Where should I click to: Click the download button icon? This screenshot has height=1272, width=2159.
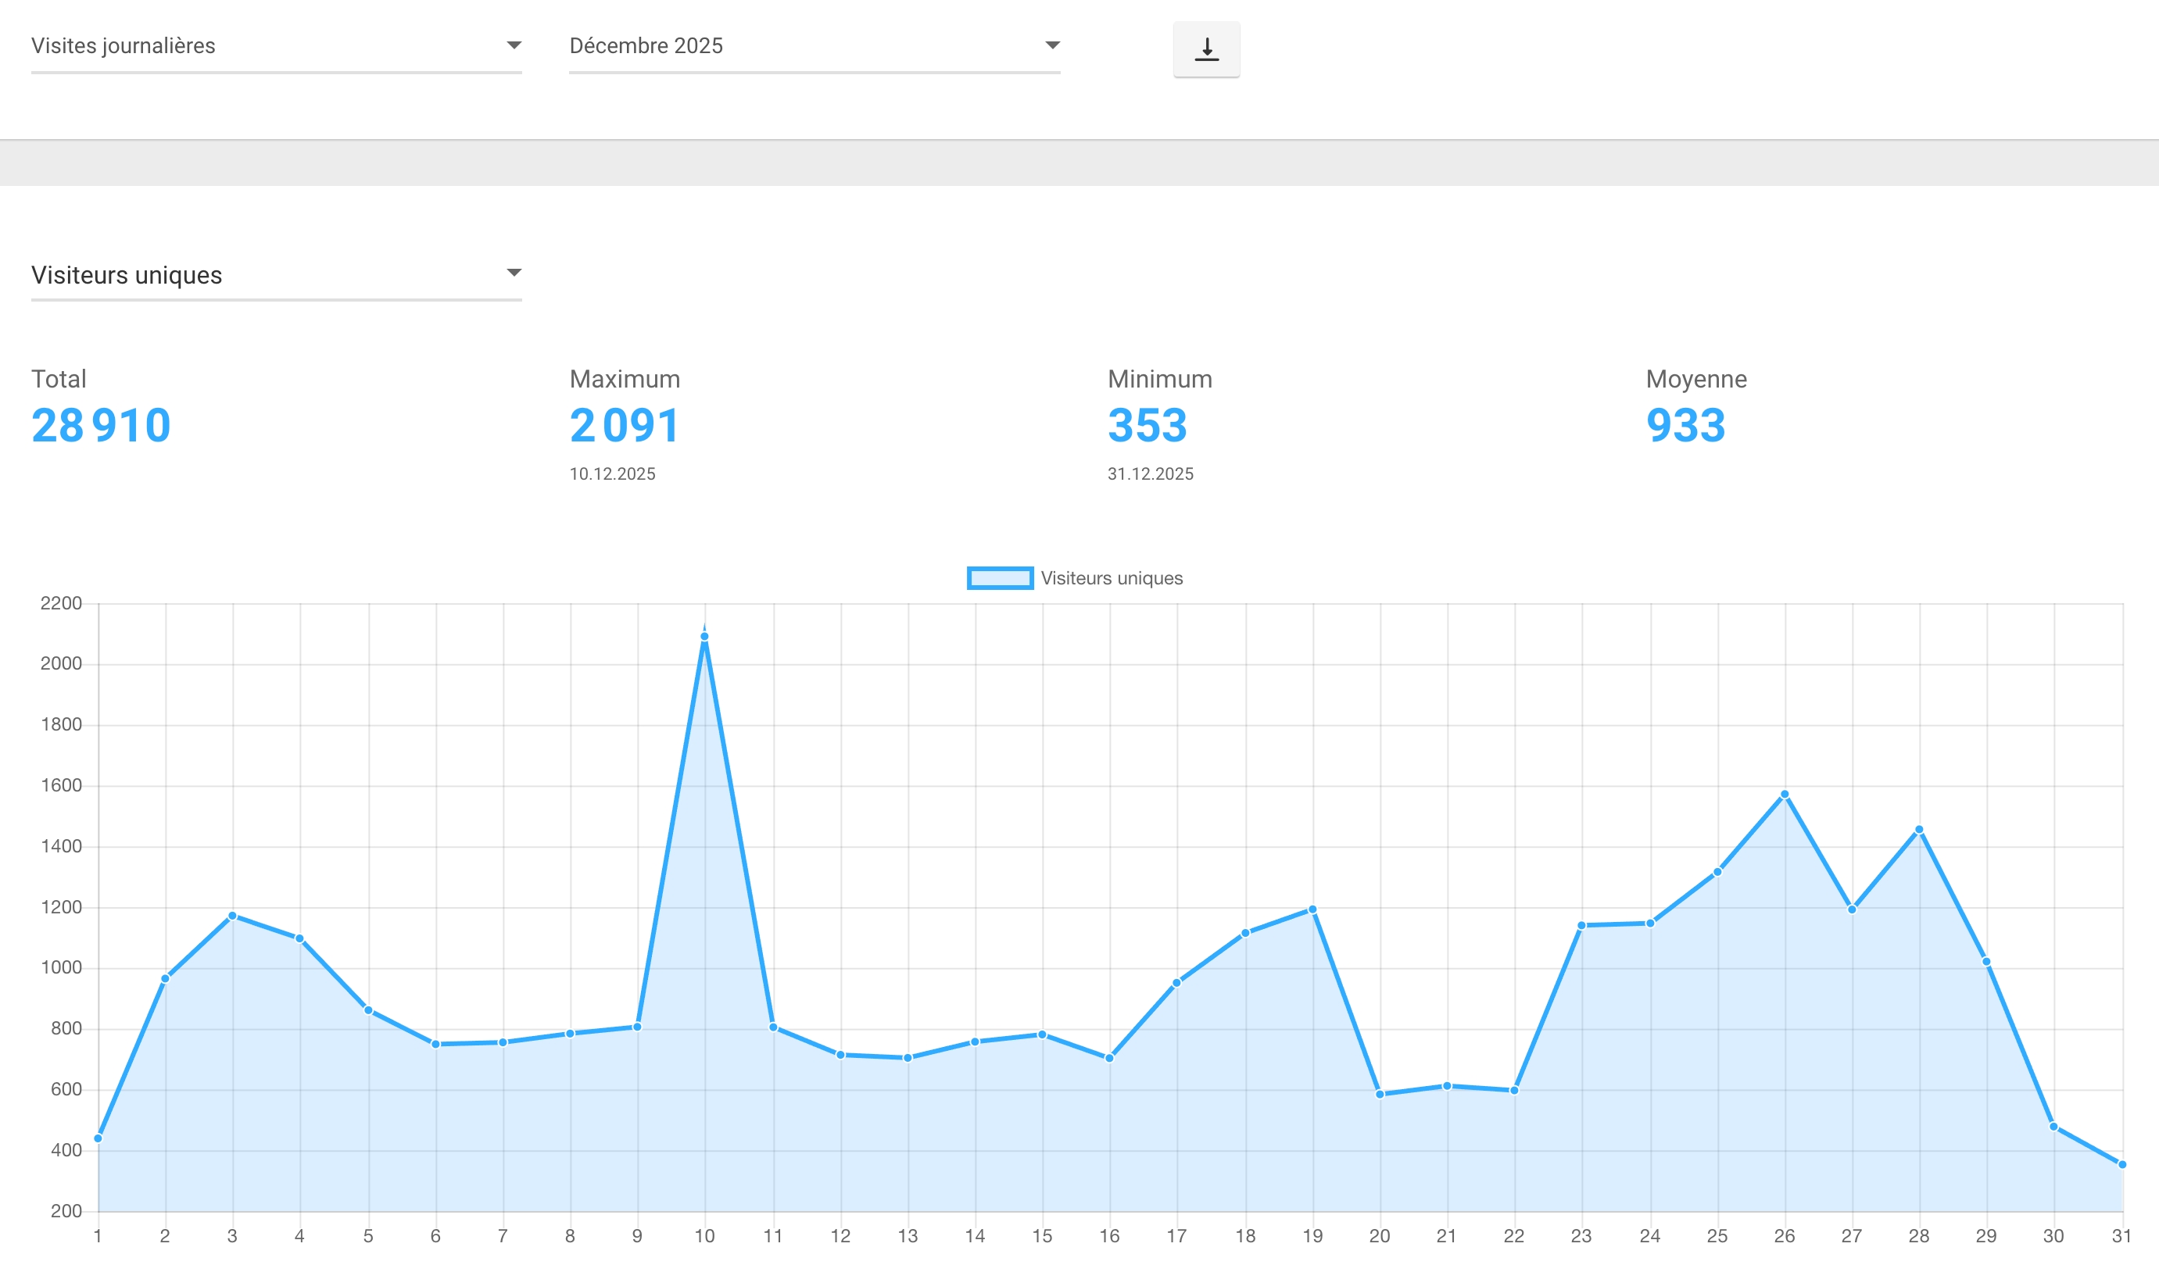pyautogui.click(x=1206, y=49)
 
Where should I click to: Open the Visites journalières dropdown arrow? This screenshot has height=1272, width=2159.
pyautogui.click(x=514, y=45)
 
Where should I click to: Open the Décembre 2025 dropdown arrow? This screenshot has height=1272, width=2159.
pyautogui.click(x=1052, y=45)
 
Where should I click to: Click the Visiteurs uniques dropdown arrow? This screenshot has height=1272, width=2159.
pyautogui.click(x=514, y=273)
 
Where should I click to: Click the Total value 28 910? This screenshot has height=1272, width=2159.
pyautogui.click(x=101, y=426)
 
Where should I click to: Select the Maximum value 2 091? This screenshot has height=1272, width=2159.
pyautogui.click(x=625, y=426)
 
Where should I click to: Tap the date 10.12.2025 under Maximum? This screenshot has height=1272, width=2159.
pyautogui.click(x=612, y=474)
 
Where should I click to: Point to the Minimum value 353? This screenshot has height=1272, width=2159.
pyautogui.click(x=1148, y=426)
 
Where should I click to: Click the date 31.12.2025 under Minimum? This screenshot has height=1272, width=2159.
pyautogui.click(x=1150, y=474)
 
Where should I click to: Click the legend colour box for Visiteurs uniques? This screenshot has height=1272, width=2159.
pyautogui.click(x=1000, y=578)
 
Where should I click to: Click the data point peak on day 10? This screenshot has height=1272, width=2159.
pyautogui.click(x=705, y=637)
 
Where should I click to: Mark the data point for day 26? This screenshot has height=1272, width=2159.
pyautogui.click(x=1785, y=795)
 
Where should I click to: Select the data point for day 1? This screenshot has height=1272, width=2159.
pyautogui.click(x=98, y=1138)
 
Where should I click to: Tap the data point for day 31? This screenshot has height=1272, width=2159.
pyautogui.click(x=2122, y=1165)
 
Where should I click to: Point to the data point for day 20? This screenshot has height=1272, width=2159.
pyautogui.click(x=1380, y=1095)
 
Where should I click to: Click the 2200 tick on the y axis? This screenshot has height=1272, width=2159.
pyautogui.click(x=61, y=603)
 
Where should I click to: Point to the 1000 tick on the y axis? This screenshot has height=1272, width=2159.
pyautogui.click(x=61, y=968)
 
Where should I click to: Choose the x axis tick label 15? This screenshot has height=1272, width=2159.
pyautogui.click(x=1042, y=1236)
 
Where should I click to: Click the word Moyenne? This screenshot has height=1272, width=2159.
pyautogui.click(x=1696, y=379)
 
